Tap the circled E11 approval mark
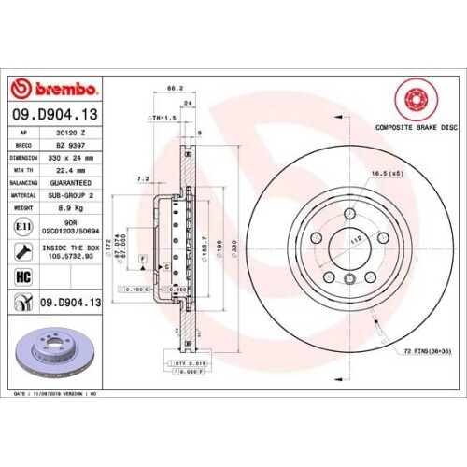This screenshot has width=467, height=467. click(x=21, y=227)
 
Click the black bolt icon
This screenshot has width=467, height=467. click(x=21, y=250)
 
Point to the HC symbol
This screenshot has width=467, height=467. click(x=21, y=276)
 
